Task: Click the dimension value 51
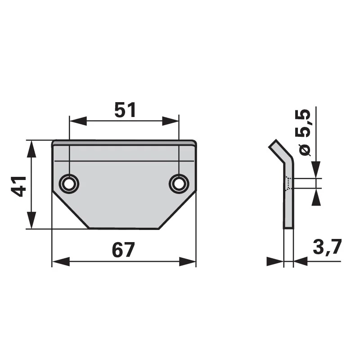coord(125,110)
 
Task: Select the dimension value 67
coord(123,250)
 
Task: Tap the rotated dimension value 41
coord(19,186)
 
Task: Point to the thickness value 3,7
coord(327,247)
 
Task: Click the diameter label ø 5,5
coord(303,133)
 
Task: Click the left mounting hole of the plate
coord(69,184)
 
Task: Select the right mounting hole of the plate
coord(179,184)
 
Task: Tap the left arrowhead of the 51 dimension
coord(78,121)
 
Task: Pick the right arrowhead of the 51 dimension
coord(171,121)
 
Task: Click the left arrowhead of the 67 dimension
coord(61,261)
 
